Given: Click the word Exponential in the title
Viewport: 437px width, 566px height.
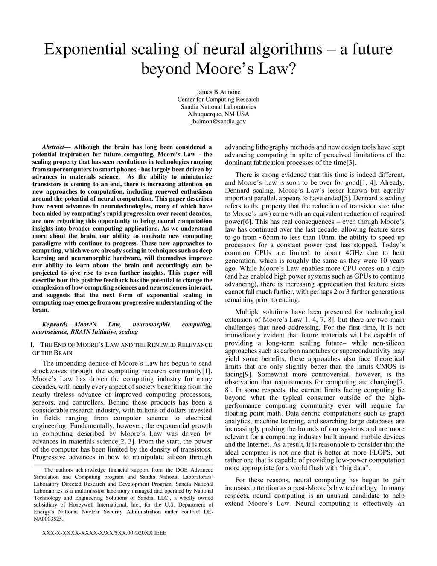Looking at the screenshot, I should pos(85,50).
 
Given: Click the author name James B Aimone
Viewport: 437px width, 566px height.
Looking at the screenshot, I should pos(218,92).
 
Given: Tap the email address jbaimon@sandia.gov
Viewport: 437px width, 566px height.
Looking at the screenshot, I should pos(218,122).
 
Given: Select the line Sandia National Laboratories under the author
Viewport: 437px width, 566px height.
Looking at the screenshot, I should pos(218,107).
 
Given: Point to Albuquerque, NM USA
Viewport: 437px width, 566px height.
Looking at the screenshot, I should pos(218,114).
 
